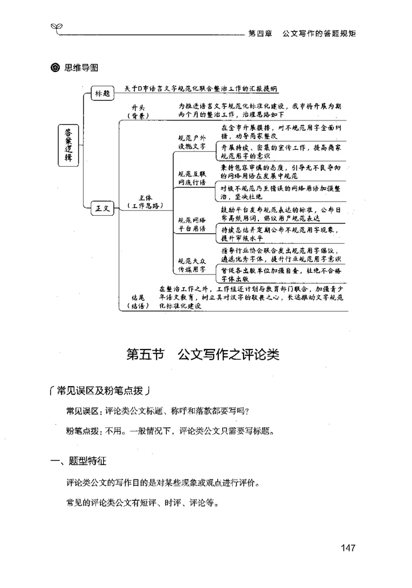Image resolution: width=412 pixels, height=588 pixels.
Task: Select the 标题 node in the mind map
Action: [102, 93]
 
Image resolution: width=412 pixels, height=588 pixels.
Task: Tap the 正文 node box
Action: [102, 208]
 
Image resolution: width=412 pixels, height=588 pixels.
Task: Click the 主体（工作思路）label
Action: [145, 201]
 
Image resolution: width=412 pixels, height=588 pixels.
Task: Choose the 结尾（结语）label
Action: [139, 301]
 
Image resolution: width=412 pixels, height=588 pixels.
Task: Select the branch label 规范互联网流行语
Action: [192, 178]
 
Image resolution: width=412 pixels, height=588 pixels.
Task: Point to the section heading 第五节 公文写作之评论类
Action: [203, 355]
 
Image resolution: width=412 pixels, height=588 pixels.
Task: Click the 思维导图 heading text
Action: [81, 67]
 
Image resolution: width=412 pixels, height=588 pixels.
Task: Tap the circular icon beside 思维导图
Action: [56, 67]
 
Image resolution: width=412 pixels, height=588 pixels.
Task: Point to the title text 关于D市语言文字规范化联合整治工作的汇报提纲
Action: [198, 89]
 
